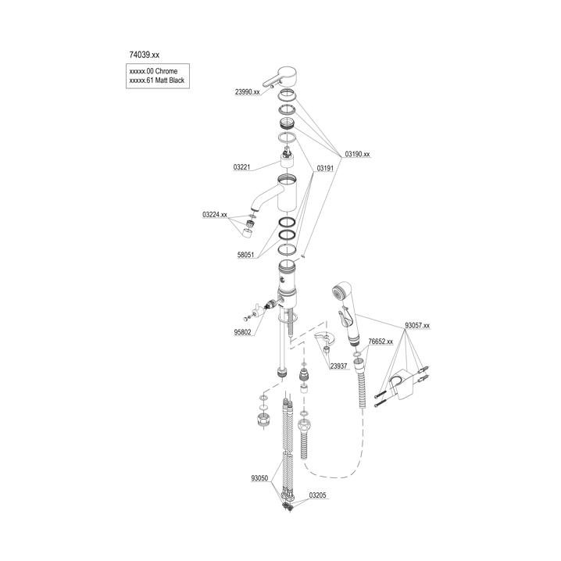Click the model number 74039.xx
(x=145, y=55)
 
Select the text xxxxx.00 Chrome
(x=153, y=71)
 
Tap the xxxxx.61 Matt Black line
(x=157, y=80)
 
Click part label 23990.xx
(x=247, y=92)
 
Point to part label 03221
(x=242, y=167)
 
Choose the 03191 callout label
(x=325, y=168)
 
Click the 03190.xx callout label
(x=357, y=154)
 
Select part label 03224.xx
(x=215, y=215)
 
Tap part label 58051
(x=246, y=255)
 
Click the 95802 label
(x=242, y=332)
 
